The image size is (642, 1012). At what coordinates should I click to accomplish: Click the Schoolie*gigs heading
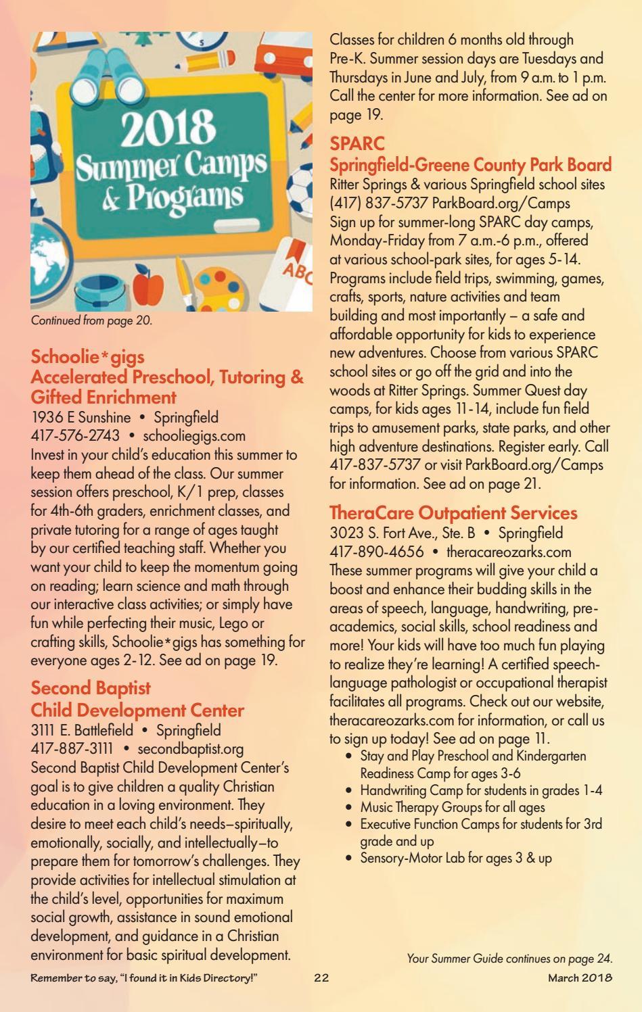[x=88, y=356]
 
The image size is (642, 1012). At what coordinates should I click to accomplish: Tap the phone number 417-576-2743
[x=76, y=436]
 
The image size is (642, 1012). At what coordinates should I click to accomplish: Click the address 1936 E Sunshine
[x=81, y=417]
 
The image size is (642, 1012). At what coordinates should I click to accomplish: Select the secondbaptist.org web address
[x=190, y=749]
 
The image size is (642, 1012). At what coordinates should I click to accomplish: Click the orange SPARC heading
[x=357, y=143]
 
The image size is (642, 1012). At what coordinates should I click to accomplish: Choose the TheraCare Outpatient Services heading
[x=453, y=513]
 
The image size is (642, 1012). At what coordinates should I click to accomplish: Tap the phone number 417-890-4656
[x=377, y=552]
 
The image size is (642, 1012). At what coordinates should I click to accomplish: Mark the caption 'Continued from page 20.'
[x=92, y=321]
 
